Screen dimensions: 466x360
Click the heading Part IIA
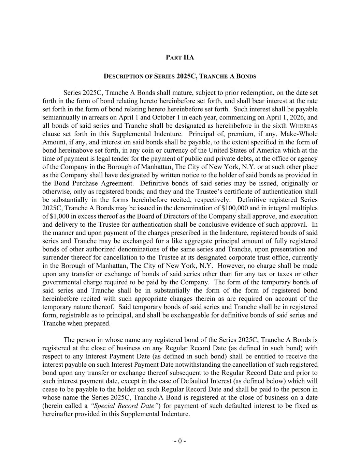coord(180,57)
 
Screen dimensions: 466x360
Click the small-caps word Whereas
coord(303,126)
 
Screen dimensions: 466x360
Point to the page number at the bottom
coord(180,441)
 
